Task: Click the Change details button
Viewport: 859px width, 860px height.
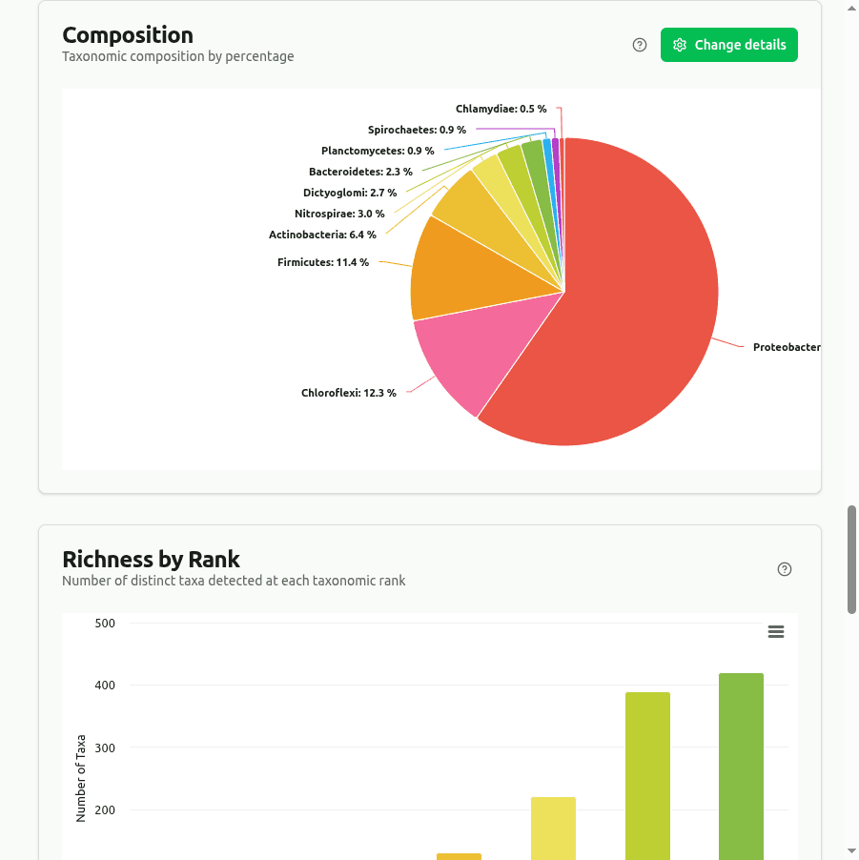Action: [x=729, y=45]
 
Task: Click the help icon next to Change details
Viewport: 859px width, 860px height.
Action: [x=640, y=45]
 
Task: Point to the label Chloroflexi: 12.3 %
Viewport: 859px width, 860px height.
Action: [x=348, y=393]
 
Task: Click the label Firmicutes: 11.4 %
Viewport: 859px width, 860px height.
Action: [x=323, y=262]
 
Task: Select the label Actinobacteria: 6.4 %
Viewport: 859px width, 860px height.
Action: [x=322, y=235]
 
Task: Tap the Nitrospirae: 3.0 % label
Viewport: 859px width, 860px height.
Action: [x=339, y=214]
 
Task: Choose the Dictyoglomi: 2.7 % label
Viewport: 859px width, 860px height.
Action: [x=350, y=193]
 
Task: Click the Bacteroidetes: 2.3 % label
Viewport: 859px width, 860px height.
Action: [x=360, y=172]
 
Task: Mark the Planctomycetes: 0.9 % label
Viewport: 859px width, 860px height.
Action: [x=378, y=151]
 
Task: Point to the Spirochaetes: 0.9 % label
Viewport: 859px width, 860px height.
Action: [x=417, y=130]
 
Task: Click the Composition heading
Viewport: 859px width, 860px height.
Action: [x=128, y=35]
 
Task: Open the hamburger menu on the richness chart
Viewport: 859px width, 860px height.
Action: [x=776, y=632]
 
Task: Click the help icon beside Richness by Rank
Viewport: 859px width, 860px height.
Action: [x=785, y=569]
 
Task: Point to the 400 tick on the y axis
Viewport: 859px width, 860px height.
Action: [x=105, y=686]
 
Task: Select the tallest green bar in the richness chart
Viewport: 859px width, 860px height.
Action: [x=741, y=763]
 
